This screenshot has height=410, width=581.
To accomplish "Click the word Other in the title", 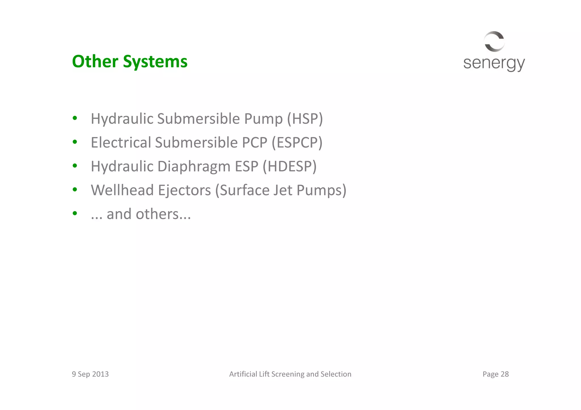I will click(95, 61).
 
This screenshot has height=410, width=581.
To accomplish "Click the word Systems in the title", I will click(155, 62).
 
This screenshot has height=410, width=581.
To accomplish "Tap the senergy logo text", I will click(494, 63).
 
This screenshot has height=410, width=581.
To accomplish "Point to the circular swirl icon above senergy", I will click(494, 41).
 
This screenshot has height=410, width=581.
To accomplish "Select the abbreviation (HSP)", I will click(305, 119).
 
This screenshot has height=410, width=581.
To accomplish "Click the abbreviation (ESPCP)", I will click(297, 143).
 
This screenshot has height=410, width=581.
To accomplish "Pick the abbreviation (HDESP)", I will click(289, 166).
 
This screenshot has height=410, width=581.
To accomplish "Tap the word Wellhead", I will click(122, 190).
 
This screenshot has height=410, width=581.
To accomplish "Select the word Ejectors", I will click(184, 190).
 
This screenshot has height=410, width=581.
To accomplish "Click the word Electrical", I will click(121, 143).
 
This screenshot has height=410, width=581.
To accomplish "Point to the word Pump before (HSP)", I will click(263, 119).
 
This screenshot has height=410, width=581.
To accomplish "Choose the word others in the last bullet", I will click(157, 214).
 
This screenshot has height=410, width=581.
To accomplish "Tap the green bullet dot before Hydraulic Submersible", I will click(75, 118).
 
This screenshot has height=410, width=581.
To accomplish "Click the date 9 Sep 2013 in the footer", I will click(90, 374).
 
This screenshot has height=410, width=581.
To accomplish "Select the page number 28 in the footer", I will click(505, 374).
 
